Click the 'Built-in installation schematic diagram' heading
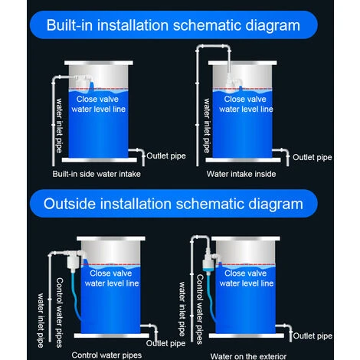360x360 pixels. coord(173,25)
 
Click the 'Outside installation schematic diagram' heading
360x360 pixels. coord(173,204)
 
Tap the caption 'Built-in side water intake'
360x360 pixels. coord(97,174)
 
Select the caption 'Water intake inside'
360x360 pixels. coord(241,174)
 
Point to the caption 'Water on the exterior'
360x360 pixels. coord(248,356)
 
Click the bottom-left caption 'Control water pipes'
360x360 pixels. coord(106,355)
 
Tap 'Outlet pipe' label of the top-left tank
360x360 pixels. coord(166,155)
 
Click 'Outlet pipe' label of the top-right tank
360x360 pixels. coord(313,157)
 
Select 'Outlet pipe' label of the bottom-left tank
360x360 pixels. coord(165,343)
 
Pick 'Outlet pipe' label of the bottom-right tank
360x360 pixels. coord(313,335)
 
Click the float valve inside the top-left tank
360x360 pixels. coord(83,82)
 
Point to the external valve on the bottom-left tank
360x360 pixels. coord(73,259)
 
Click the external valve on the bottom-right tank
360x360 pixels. coord(209,262)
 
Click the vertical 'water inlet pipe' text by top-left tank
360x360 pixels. coord(59,126)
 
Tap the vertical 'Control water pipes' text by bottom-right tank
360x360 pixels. coord(200,309)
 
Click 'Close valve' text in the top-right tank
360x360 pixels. coord(245,99)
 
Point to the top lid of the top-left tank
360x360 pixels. coord(99,63)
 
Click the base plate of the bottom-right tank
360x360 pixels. coord(246,335)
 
